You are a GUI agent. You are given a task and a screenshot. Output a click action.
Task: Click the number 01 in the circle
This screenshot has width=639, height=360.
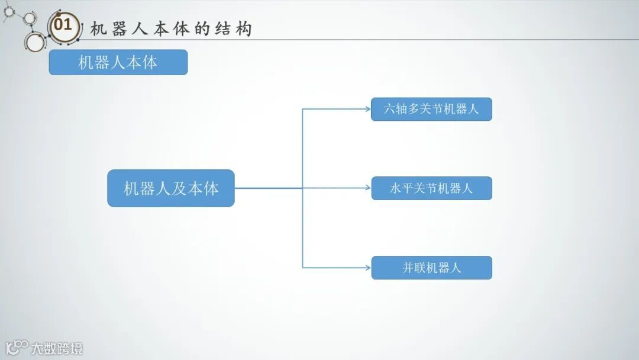63,25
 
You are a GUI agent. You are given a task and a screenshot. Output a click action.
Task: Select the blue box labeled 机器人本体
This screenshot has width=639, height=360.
118,62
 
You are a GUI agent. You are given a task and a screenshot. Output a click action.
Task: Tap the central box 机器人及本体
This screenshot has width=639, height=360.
170,188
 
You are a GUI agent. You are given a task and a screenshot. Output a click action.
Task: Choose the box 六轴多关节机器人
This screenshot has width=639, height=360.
431,110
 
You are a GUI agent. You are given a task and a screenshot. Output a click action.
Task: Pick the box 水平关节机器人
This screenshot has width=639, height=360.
431,188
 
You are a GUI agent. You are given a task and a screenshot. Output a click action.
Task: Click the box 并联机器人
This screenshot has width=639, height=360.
431,268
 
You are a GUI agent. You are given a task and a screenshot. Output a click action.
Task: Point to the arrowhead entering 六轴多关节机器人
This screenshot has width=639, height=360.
367,109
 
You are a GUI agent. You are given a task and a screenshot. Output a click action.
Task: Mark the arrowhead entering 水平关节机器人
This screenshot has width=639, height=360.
367,188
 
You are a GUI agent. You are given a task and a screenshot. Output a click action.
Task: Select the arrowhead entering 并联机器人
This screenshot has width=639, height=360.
367,268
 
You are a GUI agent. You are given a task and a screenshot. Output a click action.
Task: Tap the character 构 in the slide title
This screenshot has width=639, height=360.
243,29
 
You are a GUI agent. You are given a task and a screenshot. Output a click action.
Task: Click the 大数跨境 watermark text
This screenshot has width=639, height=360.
57,348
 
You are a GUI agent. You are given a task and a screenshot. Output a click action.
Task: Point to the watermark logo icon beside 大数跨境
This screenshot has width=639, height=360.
17,347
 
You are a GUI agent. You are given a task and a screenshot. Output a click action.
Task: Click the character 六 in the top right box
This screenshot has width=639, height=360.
389,110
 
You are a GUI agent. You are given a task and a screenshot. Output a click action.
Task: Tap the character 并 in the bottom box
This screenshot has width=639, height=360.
408,268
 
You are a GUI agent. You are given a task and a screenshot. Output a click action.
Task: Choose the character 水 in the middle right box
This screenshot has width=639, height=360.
396,189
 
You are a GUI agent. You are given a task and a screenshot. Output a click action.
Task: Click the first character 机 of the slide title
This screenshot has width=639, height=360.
98,29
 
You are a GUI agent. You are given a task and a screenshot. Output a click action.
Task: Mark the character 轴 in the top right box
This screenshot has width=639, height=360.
401,110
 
